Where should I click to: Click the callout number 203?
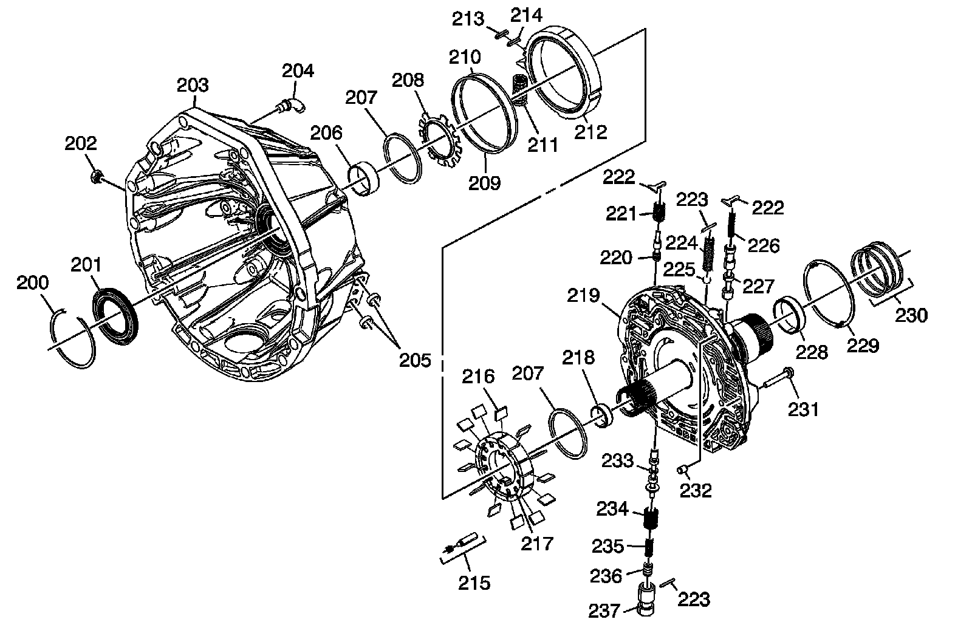tap(193, 84)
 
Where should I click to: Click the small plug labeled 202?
tap(95, 177)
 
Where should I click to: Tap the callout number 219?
tap(584, 296)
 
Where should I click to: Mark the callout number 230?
tap(911, 315)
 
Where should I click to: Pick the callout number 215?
tap(474, 583)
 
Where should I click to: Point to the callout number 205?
tap(414, 360)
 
